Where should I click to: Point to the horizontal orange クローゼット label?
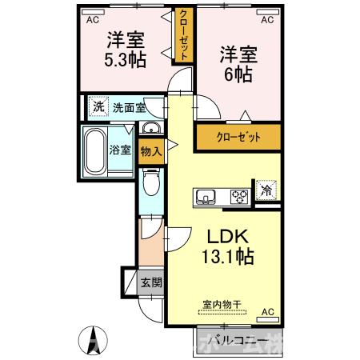(x=238, y=137)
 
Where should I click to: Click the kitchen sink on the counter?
(x=203, y=194)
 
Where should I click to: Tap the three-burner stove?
(x=239, y=194)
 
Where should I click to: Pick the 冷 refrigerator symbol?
(x=265, y=191)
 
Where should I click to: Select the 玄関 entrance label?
(x=150, y=282)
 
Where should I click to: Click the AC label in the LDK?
(x=267, y=312)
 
